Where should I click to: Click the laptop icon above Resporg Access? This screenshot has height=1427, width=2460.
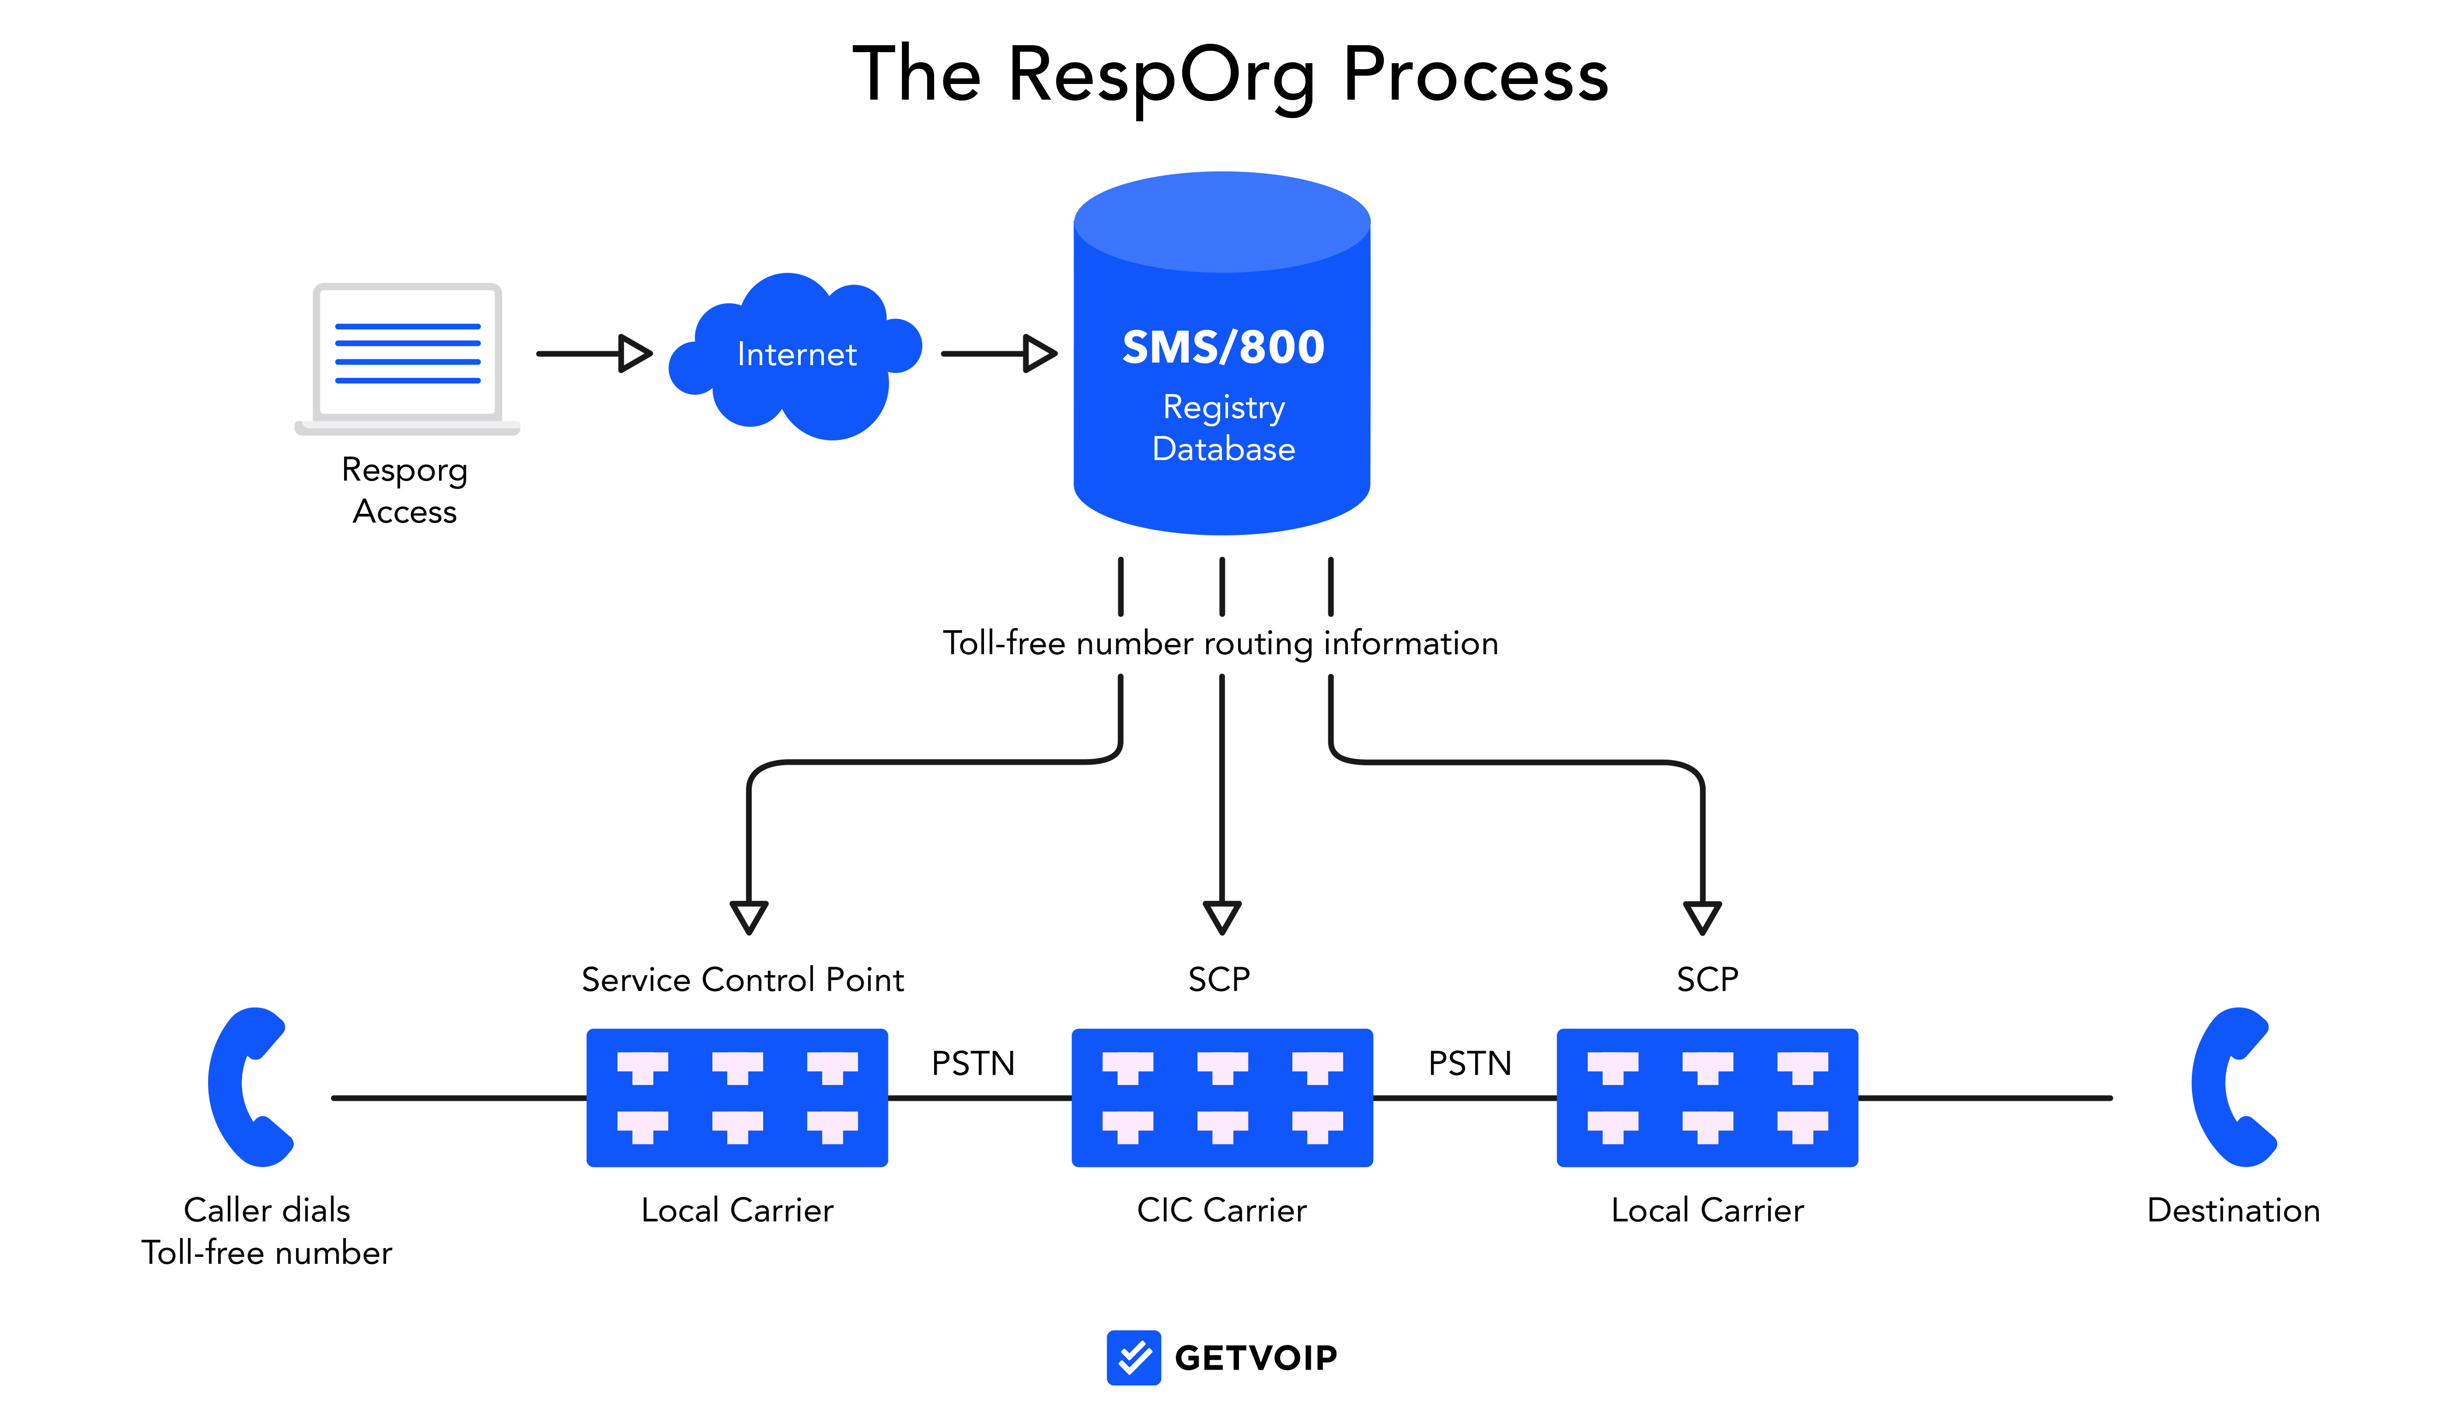tap(407, 358)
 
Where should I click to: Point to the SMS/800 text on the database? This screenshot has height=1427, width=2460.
tap(1223, 347)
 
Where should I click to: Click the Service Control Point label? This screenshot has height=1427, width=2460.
tap(743, 979)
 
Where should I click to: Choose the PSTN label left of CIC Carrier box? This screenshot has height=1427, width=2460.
tap(973, 1063)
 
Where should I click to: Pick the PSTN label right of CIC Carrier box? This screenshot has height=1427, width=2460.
tap(1470, 1063)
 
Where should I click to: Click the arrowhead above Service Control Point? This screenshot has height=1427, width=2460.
tap(749, 917)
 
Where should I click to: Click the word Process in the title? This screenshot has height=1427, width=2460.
tap(1476, 74)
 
